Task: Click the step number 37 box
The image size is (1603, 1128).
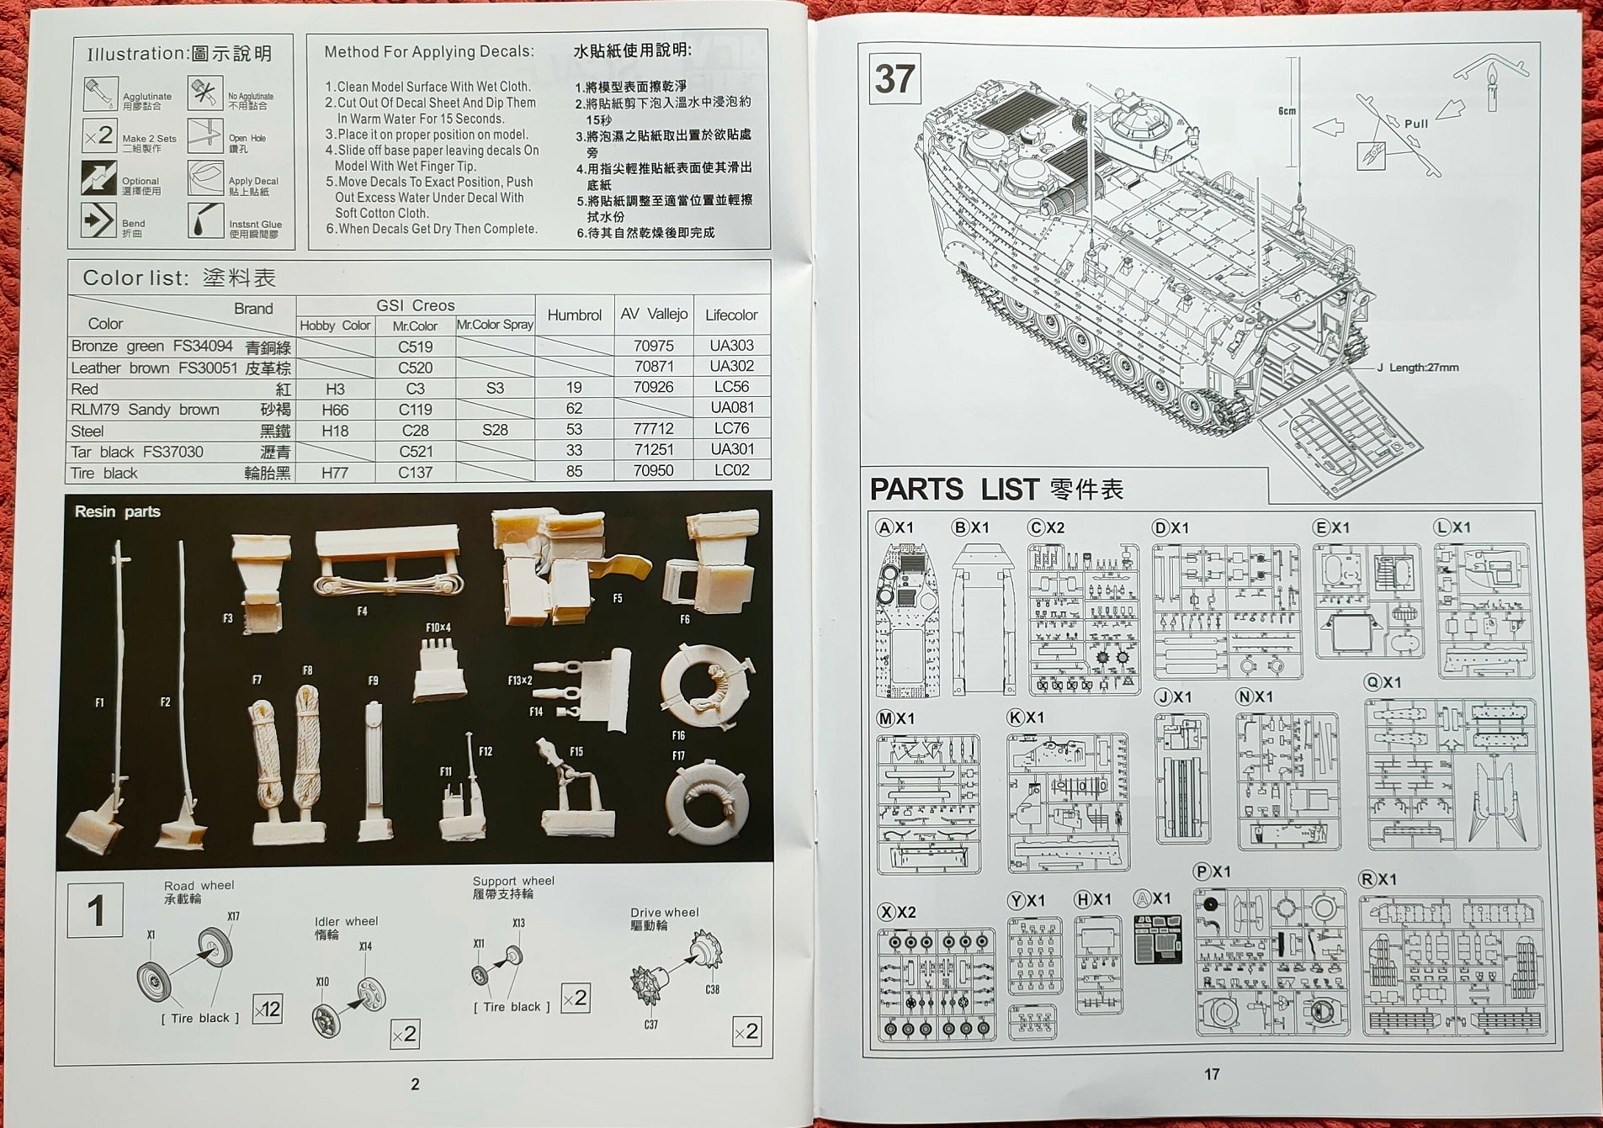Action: coord(894,78)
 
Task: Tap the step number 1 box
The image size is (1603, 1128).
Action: coord(95,910)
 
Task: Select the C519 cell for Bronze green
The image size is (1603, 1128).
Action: coord(415,347)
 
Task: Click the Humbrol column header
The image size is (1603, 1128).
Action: coord(574,315)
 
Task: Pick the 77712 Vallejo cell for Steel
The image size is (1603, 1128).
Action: coord(653,429)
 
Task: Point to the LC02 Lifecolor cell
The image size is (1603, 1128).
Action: coord(730,470)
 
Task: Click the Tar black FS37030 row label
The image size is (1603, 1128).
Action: coord(137,452)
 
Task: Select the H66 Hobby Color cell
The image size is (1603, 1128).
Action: coord(335,410)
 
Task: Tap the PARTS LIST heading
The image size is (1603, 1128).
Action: coord(995,489)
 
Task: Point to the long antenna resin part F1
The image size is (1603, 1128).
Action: coord(119,673)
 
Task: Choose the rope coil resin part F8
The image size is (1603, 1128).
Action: coord(306,749)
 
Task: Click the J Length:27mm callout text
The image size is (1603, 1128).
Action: coord(1417,368)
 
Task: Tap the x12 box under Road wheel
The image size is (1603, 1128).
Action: coord(267,1009)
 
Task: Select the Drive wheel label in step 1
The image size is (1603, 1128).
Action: coord(664,912)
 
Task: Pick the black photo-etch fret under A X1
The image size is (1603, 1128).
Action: coord(1157,939)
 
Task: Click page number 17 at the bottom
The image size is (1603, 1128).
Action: coord(1212,1074)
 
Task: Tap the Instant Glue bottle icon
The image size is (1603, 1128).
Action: coord(204,220)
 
